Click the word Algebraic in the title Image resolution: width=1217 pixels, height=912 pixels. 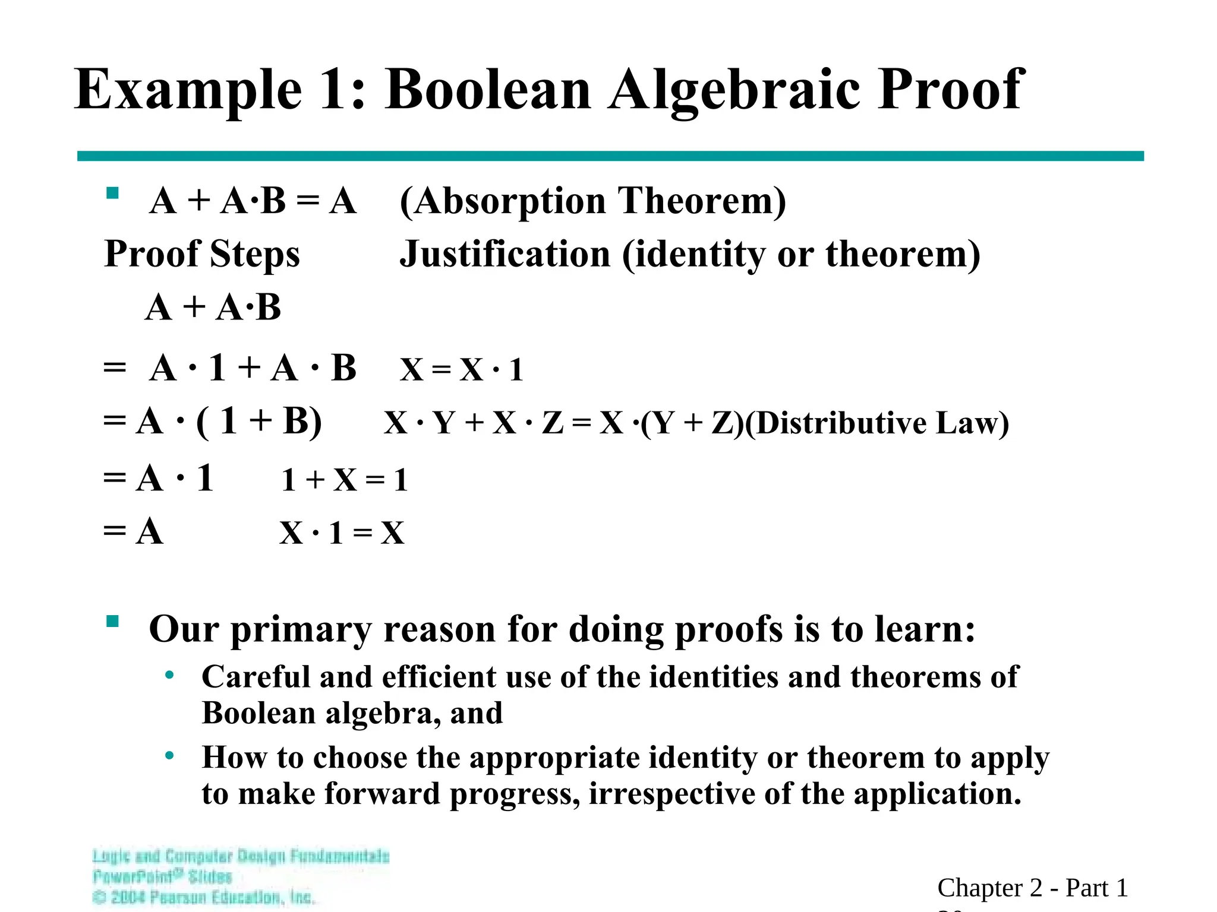[734, 90]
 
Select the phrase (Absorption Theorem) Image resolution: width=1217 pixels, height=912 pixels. [592, 201]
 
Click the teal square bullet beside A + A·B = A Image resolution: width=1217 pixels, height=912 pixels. [112, 194]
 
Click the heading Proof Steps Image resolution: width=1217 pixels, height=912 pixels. [202, 254]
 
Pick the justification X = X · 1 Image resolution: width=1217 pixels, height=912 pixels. [461, 369]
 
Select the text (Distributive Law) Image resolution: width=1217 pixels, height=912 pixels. [877, 423]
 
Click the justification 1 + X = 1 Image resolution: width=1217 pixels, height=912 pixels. [345, 480]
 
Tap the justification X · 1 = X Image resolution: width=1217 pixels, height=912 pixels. [342, 533]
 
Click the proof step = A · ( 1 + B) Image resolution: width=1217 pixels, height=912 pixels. [212, 422]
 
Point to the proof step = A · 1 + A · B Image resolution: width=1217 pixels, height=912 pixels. [230, 368]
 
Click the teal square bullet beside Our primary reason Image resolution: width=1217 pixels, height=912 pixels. [112, 622]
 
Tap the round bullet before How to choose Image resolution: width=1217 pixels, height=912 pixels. [170, 756]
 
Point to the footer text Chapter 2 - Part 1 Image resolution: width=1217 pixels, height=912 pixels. [1032, 888]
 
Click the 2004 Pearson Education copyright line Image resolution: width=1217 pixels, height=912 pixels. [204, 897]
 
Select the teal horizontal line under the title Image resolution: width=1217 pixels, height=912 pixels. [610, 156]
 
